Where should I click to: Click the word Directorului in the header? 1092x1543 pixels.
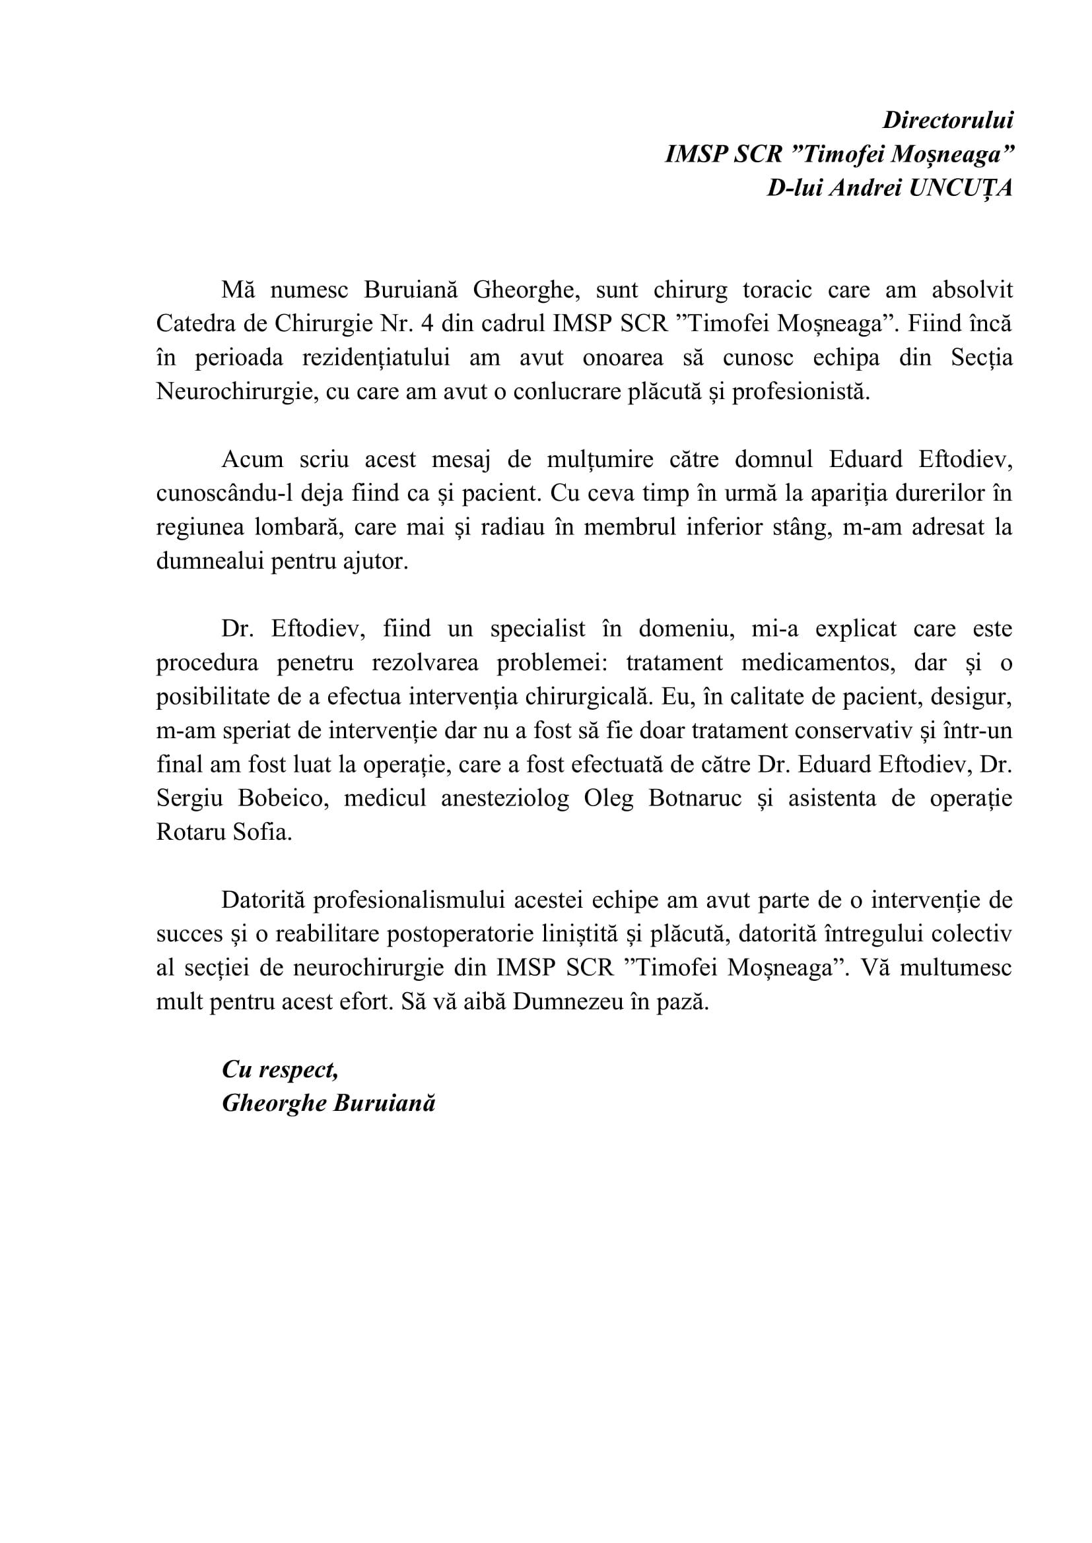pyautogui.click(x=947, y=120)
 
